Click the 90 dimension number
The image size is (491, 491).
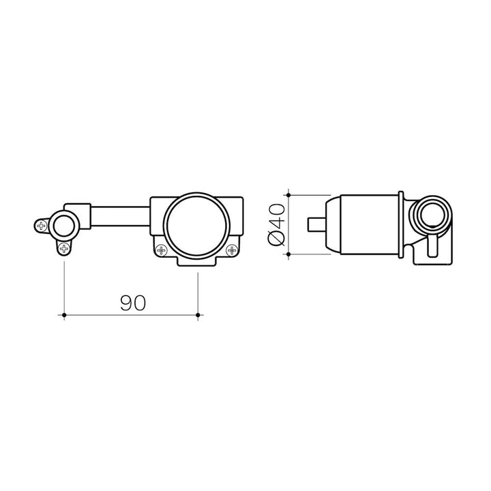tap(133, 303)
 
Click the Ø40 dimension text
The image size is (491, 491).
tap(276, 224)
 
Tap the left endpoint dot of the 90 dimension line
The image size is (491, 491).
tap(64, 314)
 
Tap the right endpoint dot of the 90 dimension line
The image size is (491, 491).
tap(198, 314)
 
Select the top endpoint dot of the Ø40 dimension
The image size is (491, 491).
tap(288, 195)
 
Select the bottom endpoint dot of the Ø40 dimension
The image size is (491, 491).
tap(288, 254)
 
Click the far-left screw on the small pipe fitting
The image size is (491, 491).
tap(41, 226)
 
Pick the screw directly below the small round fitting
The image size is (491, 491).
tap(64, 249)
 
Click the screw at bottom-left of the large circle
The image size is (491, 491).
tap(162, 250)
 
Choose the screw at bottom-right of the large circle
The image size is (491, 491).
tap(232, 250)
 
